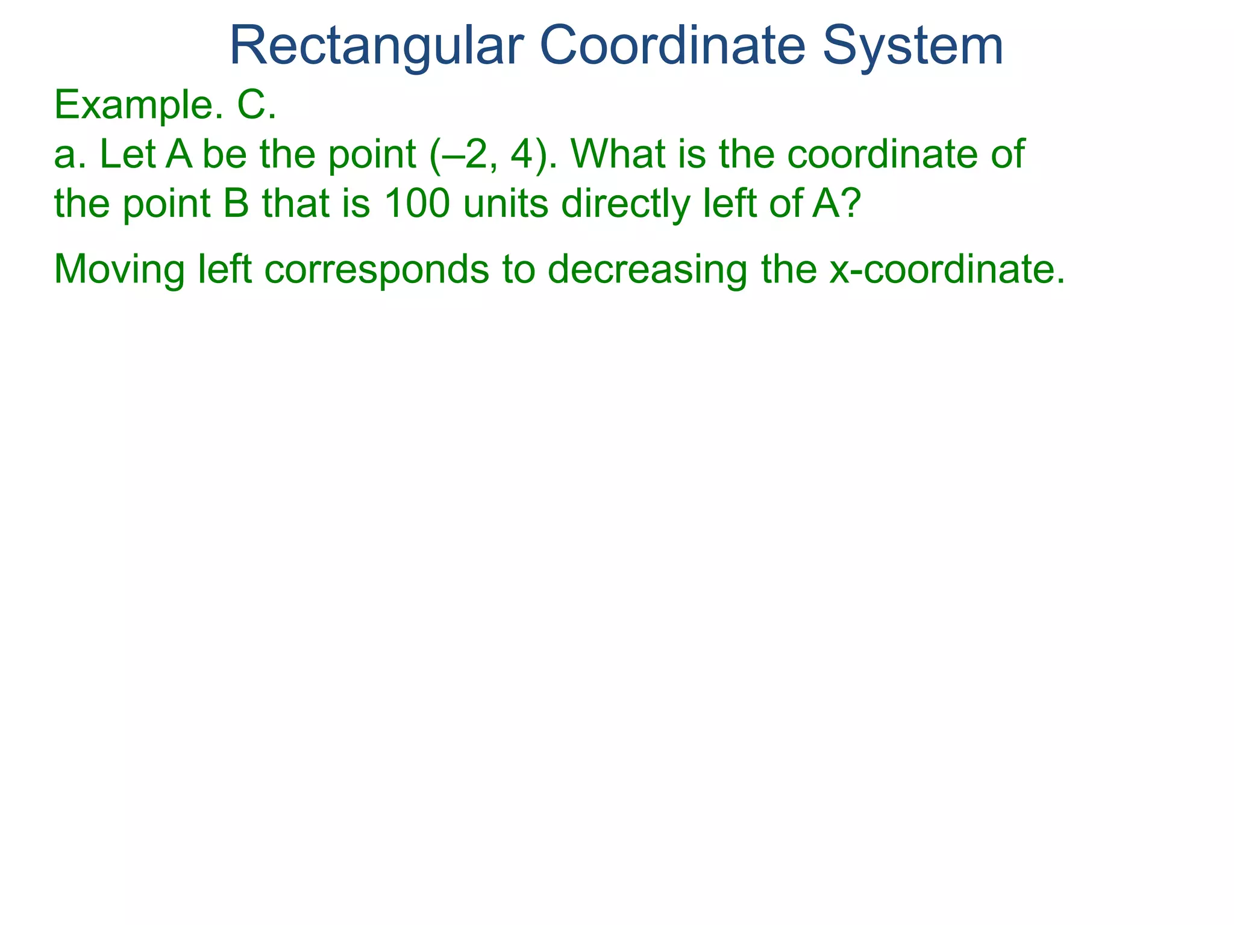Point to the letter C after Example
pos(252,105)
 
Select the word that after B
pos(295,204)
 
